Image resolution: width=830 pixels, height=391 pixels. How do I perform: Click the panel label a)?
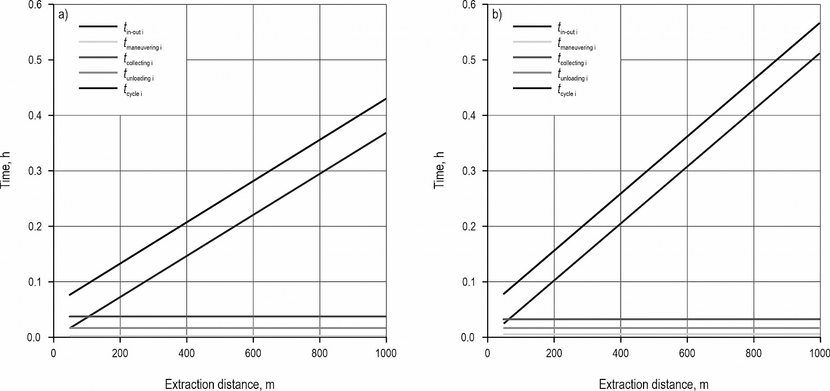(63, 15)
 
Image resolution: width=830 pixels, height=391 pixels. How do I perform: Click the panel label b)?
(497, 15)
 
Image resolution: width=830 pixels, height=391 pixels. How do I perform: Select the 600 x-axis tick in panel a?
(253, 353)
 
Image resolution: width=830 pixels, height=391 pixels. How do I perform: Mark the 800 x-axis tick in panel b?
(754, 353)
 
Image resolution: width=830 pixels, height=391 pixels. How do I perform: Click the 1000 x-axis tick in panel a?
(386, 353)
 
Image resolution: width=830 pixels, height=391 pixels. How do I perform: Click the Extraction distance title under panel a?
(220, 384)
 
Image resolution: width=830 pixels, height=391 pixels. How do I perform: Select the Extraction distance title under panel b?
(654, 384)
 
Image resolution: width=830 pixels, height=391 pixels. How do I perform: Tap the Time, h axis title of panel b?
(439, 170)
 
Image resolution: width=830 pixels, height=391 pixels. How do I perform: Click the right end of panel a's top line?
(386, 99)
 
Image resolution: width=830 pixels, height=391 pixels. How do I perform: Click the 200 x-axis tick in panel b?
(554, 353)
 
